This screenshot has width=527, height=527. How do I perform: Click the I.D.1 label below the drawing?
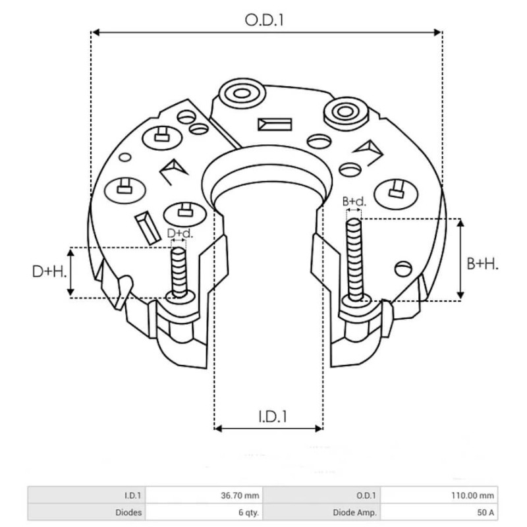click(x=270, y=416)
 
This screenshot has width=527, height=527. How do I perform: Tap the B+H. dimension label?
click(x=482, y=263)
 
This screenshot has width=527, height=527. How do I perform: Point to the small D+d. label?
click(x=180, y=233)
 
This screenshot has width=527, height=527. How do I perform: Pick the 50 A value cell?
click(x=440, y=511)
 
